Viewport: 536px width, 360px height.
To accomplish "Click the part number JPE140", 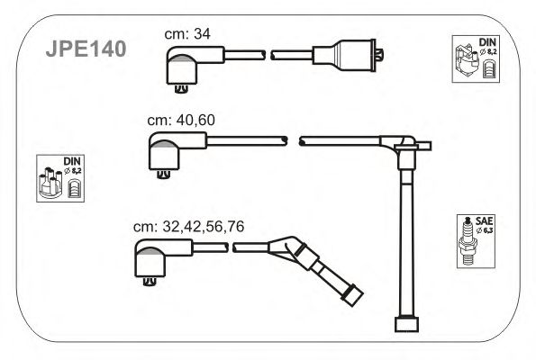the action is click(x=86, y=49).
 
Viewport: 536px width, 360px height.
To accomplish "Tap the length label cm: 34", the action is click(x=187, y=34).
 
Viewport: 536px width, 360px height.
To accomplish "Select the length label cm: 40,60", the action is click(x=181, y=120).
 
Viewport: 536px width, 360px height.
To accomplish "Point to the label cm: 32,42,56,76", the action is click(x=188, y=227).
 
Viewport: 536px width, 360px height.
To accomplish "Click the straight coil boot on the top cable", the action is click(x=344, y=55).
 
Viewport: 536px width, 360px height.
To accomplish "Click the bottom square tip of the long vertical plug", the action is click(x=406, y=325).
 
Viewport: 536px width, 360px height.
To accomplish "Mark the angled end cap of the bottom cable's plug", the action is click(x=352, y=295).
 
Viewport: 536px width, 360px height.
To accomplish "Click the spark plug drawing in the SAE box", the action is click(x=468, y=241).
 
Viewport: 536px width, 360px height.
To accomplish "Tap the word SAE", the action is click(x=484, y=220).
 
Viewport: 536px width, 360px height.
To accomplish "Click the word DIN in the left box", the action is click(x=72, y=161).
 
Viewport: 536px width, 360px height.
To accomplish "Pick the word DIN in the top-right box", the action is click(x=487, y=42).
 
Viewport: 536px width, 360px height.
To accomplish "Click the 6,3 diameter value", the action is click(x=487, y=230).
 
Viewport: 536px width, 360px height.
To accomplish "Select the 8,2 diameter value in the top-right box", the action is click(x=492, y=52).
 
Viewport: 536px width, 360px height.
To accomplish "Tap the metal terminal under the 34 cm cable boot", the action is click(x=181, y=89).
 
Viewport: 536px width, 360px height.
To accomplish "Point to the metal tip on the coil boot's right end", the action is click(x=379, y=55).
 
